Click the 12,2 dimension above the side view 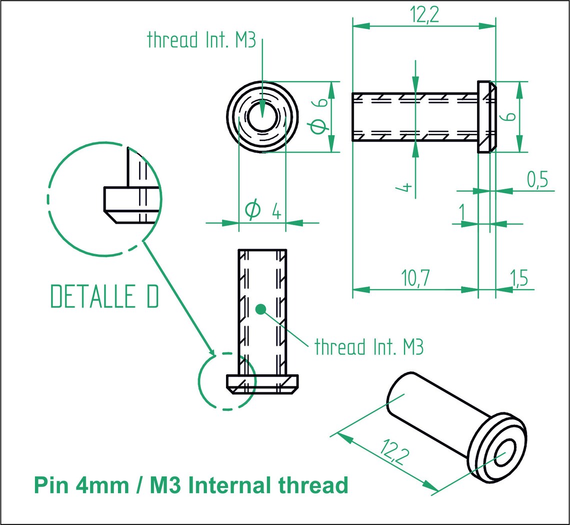click(x=424, y=16)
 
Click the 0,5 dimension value click(x=537, y=179)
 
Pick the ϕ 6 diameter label click(x=318, y=116)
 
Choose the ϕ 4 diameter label click(x=262, y=210)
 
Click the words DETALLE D click(x=105, y=297)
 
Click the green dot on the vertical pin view click(x=259, y=309)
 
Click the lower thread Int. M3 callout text click(x=369, y=346)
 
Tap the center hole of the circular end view click(x=262, y=117)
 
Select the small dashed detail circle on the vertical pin click(x=226, y=381)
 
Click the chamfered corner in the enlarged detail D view click(x=110, y=217)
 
